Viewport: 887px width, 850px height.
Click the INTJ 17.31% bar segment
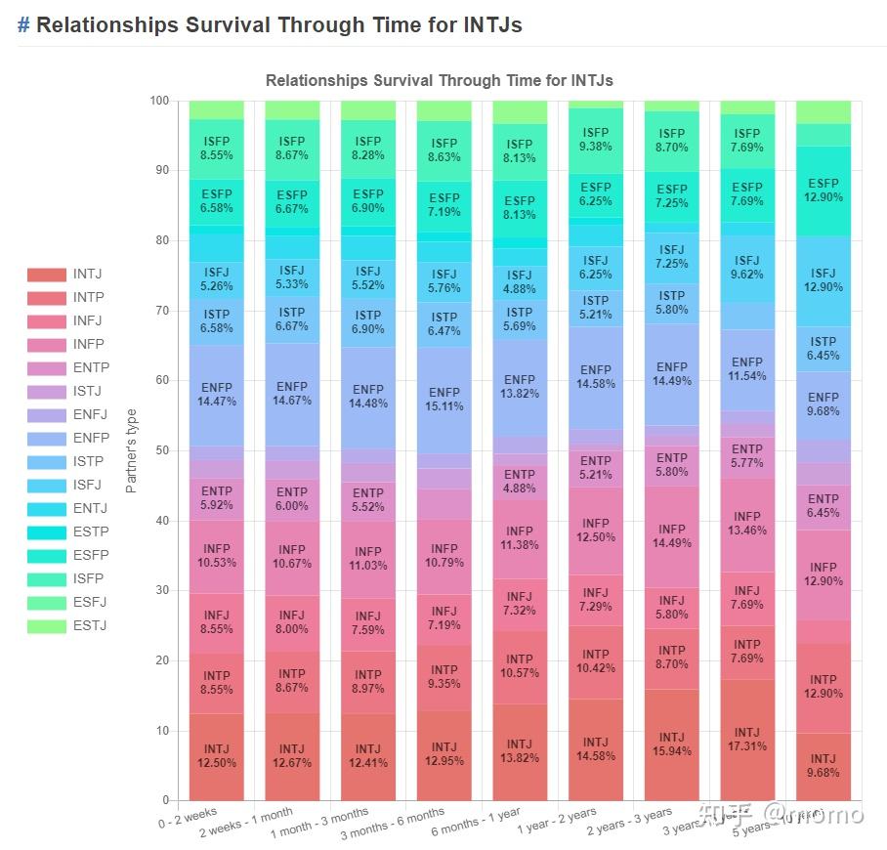point(747,740)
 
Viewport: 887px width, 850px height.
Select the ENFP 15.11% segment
point(444,400)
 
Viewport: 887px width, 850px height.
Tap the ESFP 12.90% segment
point(824,191)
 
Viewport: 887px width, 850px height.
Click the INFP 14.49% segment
point(672,536)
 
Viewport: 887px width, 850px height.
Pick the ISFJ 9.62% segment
point(747,268)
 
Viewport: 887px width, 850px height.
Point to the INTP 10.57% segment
point(520,666)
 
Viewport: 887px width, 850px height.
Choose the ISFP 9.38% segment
point(596,141)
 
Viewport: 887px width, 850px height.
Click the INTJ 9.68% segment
point(824,766)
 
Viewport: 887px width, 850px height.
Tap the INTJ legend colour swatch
point(46,275)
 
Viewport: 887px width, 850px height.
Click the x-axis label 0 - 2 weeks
point(188,817)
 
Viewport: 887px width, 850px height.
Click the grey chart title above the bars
point(440,80)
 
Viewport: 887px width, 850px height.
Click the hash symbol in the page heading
point(23,25)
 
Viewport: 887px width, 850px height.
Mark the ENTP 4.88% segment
point(520,482)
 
